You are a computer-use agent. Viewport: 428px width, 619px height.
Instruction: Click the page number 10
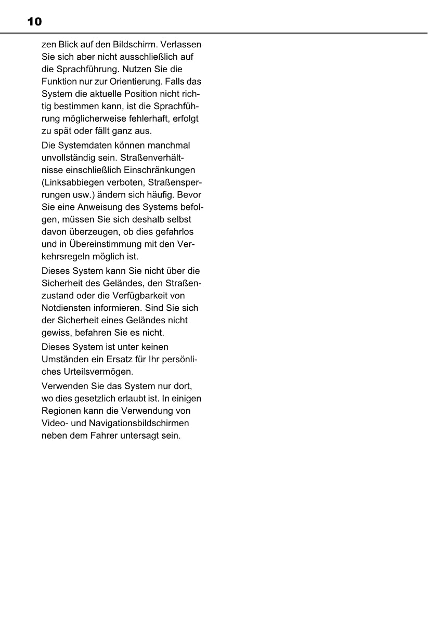34,22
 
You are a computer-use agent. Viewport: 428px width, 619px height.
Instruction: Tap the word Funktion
58,82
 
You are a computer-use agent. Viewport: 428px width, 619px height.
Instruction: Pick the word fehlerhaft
148,119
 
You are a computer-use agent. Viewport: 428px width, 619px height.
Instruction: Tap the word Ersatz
119,359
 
